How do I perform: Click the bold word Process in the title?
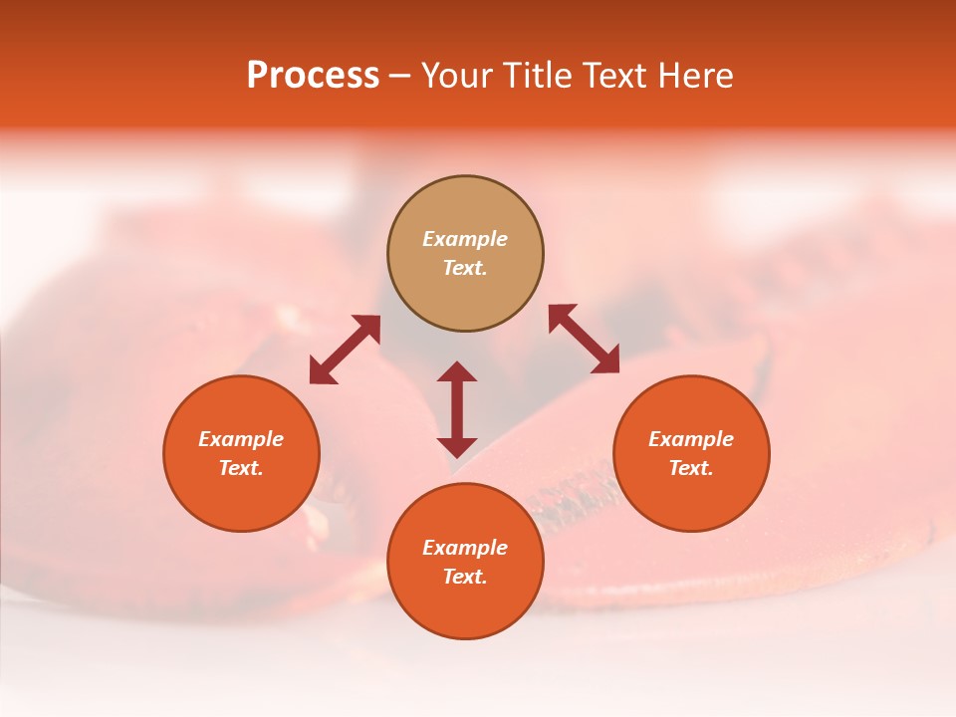(313, 76)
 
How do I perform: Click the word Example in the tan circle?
(465, 239)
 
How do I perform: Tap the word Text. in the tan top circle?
(465, 268)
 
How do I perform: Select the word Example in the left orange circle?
(241, 439)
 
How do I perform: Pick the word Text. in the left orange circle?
(241, 468)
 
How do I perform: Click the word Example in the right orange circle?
(691, 439)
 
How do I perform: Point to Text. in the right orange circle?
(691, 468)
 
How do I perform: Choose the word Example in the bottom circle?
(465, 548)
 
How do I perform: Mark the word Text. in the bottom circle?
(465, 577)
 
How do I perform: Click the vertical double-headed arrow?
(457, 409)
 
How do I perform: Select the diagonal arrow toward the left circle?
(345, 350)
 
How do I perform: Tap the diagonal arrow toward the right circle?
(585, 339)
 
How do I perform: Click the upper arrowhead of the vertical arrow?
(457, 371)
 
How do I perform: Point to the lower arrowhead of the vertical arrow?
(457, 447)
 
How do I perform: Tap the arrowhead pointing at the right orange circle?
(606, 360)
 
